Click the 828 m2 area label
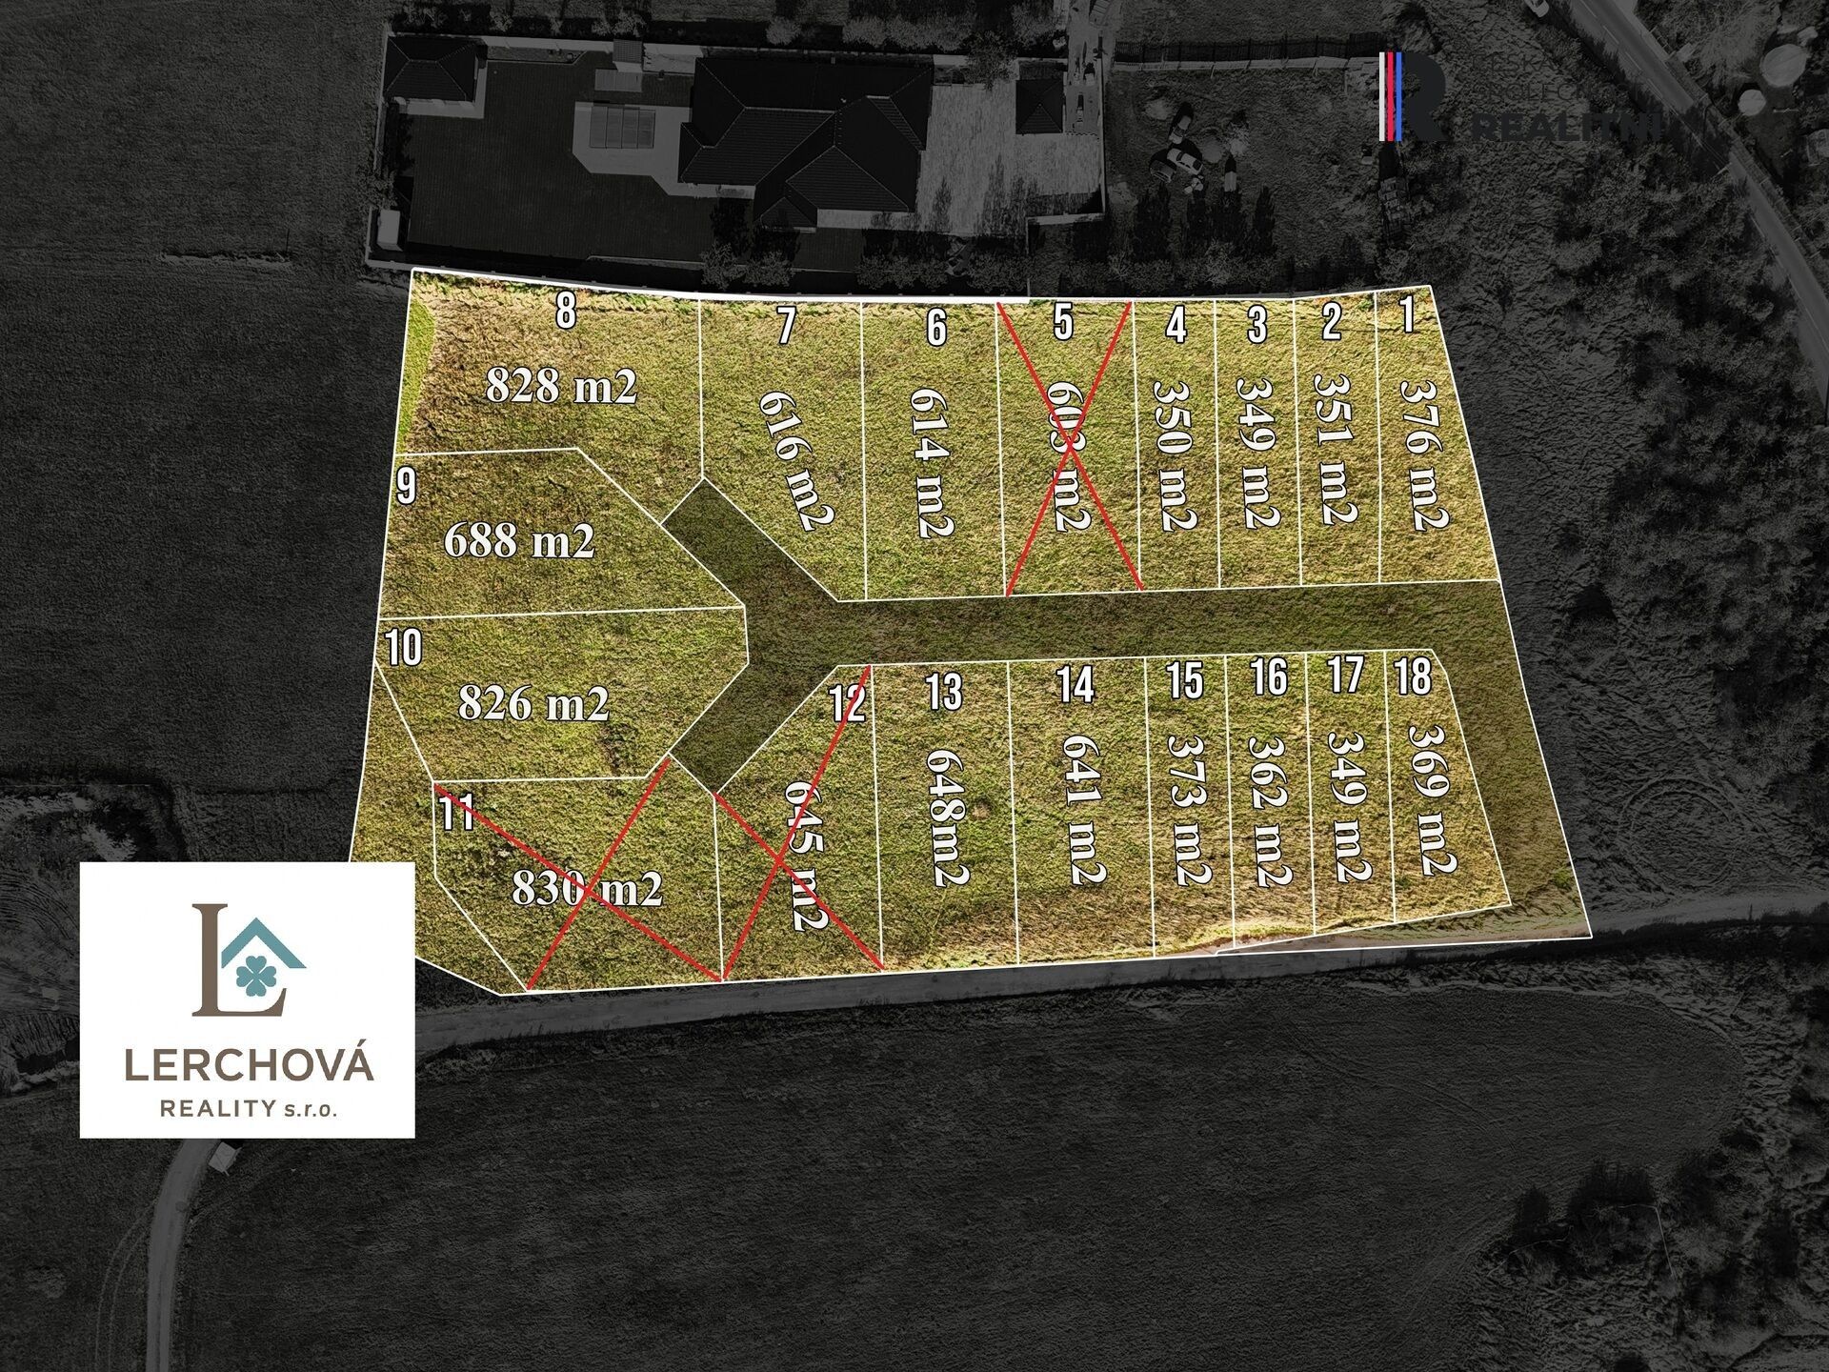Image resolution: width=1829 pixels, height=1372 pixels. click(x=561, y=387)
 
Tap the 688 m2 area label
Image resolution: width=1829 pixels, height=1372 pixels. click(x=519, y=541)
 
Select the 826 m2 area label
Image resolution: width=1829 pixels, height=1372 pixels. click(x=533, y=704)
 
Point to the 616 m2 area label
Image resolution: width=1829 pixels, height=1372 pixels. click(x=796, y=460)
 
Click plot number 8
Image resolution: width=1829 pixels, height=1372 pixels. click(x=566, y=311)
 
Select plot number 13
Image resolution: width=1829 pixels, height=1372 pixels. click(x=943, y=692)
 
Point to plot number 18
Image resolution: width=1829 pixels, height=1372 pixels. click(x=1413, y=677)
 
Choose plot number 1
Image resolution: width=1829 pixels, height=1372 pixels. click(x=1408, y=316)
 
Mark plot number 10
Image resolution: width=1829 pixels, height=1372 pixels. click(x=404, y=650)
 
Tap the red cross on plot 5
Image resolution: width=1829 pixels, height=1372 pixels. click(x=1070, y=446)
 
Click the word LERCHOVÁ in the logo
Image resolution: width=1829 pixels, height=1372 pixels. click(x=250, y=1064)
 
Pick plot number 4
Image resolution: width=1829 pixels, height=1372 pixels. click(x=1176, y=326)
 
